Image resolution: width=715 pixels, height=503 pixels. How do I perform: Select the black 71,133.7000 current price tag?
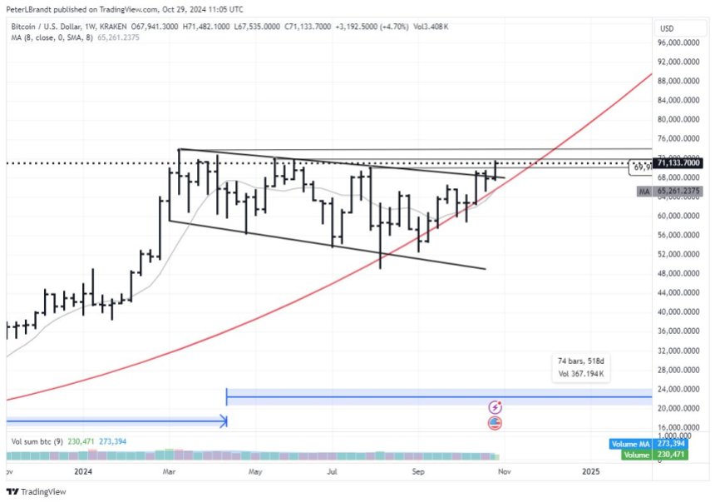tap(678, 163)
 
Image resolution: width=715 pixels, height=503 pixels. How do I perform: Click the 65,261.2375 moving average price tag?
tap(678, 192)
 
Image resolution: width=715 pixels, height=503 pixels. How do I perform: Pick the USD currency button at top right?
tap(666, 27)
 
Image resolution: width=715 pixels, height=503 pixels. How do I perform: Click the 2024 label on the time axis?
tap(82, 471)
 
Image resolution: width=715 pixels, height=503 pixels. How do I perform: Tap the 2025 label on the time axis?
tap(590, 471)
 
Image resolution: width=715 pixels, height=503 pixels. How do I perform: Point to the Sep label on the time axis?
tap(418, 471)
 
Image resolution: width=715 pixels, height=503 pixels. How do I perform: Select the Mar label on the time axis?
tap(170, 471)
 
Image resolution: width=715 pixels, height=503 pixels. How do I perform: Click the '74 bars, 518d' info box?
tap(581, 367)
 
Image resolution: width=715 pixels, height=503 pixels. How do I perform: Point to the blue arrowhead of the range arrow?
tap(223, 422)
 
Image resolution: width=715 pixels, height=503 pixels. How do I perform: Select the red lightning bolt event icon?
tap(496, 407)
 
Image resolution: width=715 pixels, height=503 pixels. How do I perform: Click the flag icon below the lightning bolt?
tap(496, 423)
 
